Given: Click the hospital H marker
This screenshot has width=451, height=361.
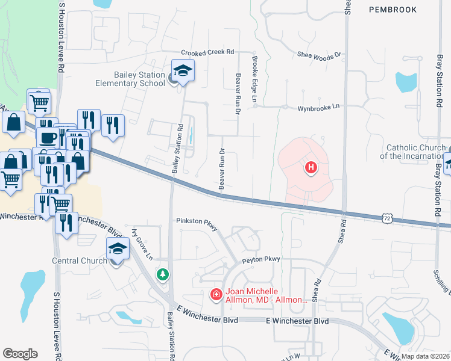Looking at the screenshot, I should coord(311,167).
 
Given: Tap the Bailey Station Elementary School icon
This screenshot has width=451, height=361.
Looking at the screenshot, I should coord(183,71).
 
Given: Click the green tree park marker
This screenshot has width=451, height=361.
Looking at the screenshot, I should coord(162,274).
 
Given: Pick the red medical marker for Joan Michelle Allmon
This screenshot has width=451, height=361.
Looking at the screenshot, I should coord(215,294).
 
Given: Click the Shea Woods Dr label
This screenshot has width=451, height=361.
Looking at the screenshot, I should coord(320,55).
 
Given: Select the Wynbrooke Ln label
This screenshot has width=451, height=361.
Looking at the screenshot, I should coord(318,107).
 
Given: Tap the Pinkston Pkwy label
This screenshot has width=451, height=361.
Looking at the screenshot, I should coord(195,221).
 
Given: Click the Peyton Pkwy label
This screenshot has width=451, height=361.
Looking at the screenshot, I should coord(262,259).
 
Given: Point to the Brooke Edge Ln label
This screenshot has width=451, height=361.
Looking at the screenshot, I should coord(254,80).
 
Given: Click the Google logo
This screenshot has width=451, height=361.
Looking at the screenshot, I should coord(20,354).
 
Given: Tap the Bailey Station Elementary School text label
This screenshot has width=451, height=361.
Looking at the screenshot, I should coord(130,79).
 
